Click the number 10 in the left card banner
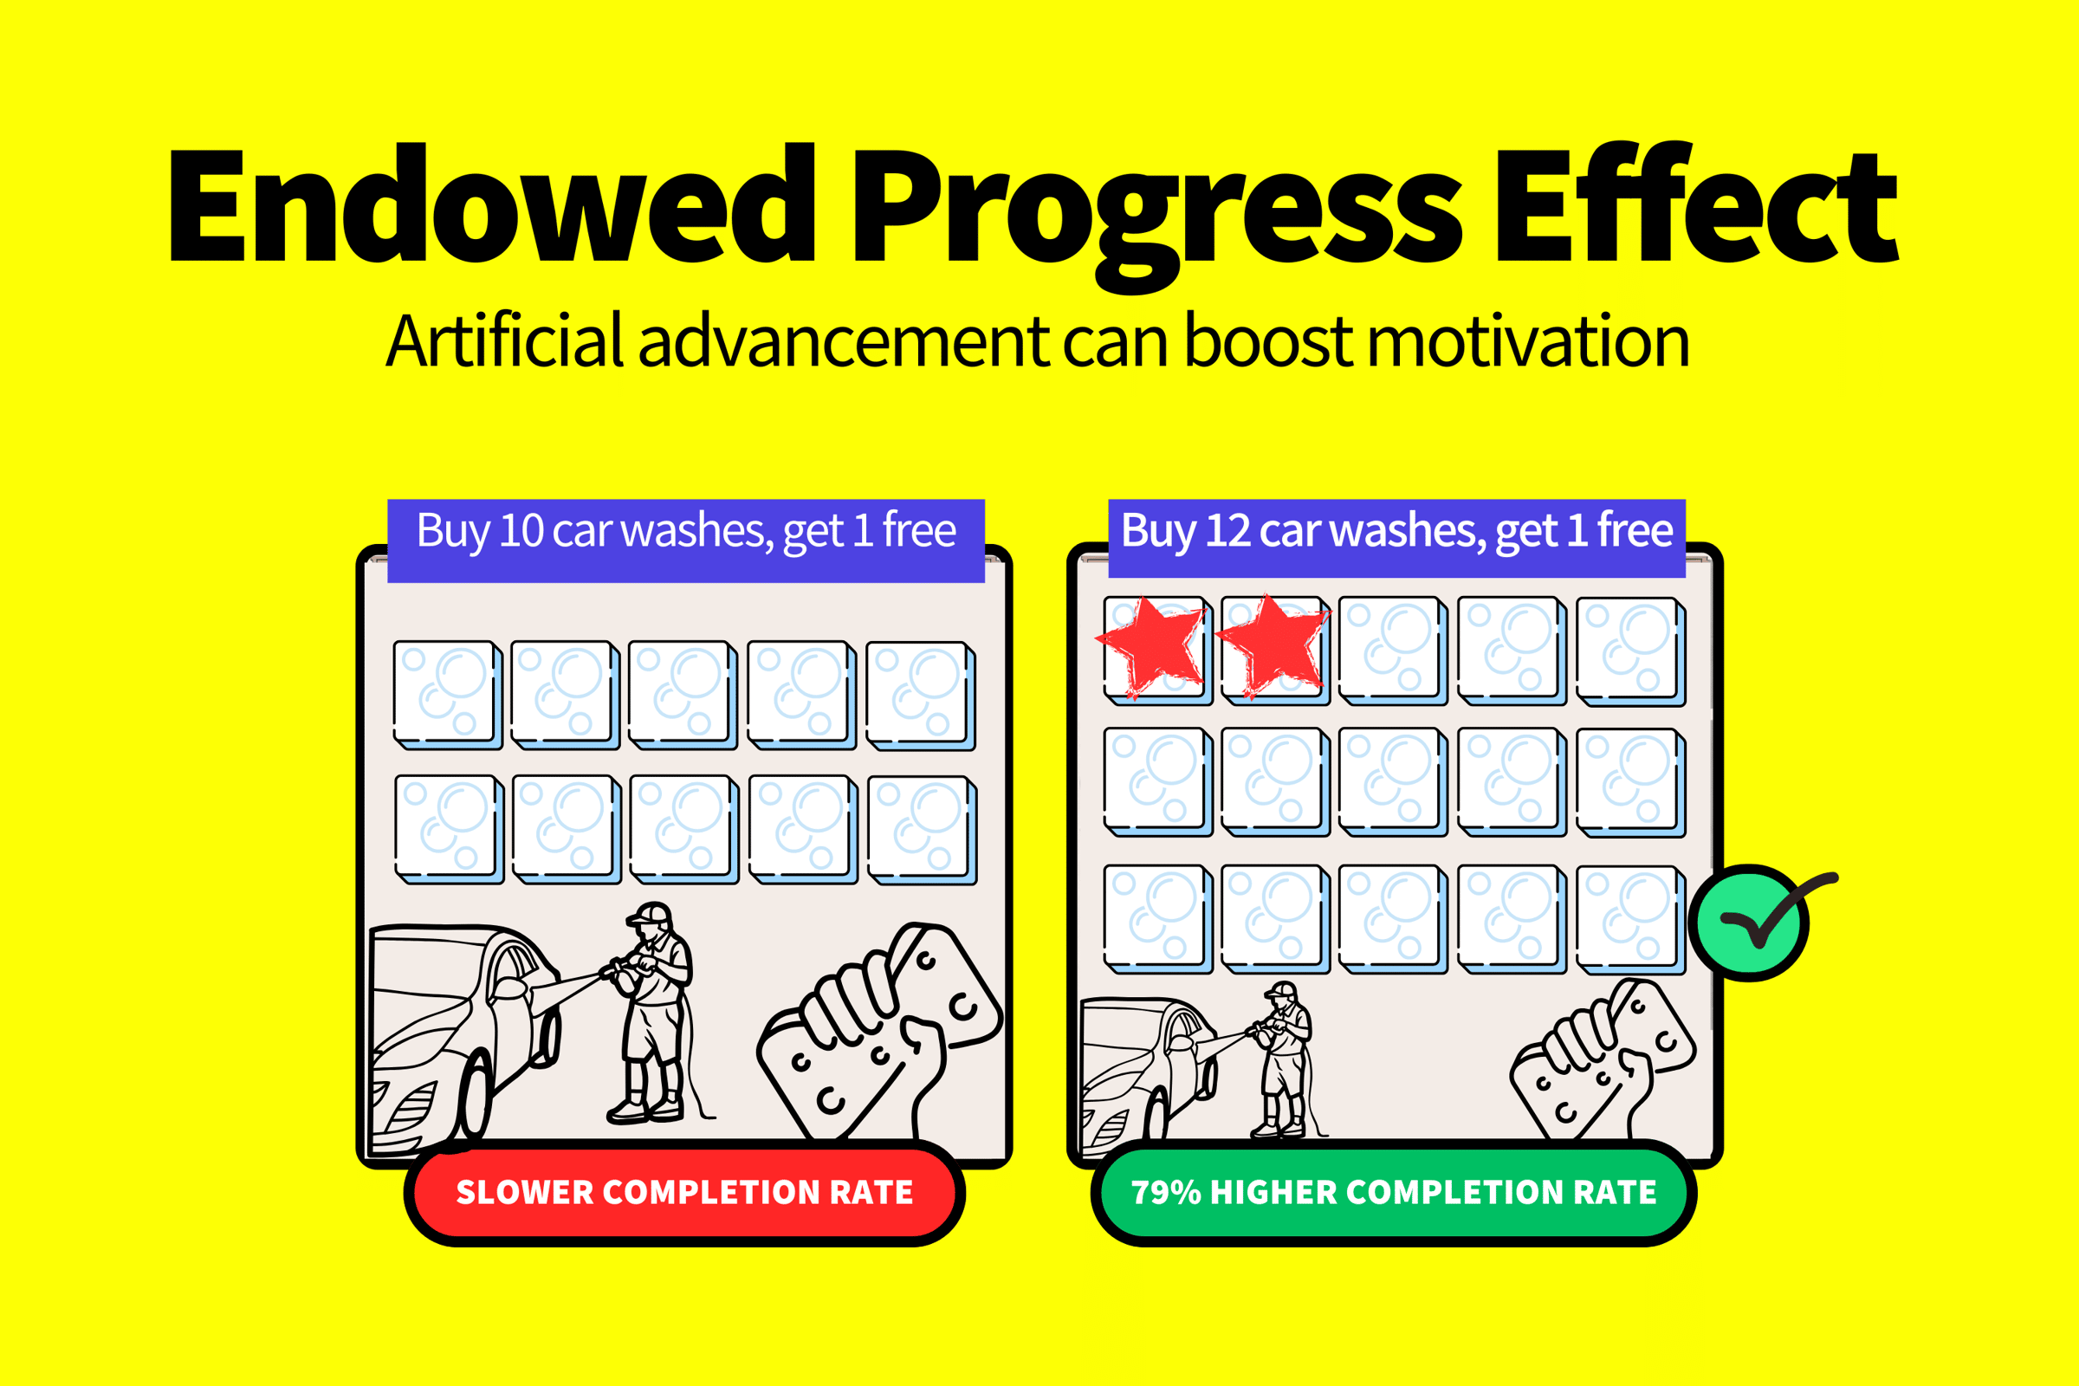tap(521, 530)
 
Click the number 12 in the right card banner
tap(1227, 530)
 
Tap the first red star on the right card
tap(1151, 647)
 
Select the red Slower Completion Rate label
tap(684, 1193)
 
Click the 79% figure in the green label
tap(1166, 1193)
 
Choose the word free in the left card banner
tap(918, 529)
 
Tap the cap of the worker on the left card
tap(651, 913)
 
